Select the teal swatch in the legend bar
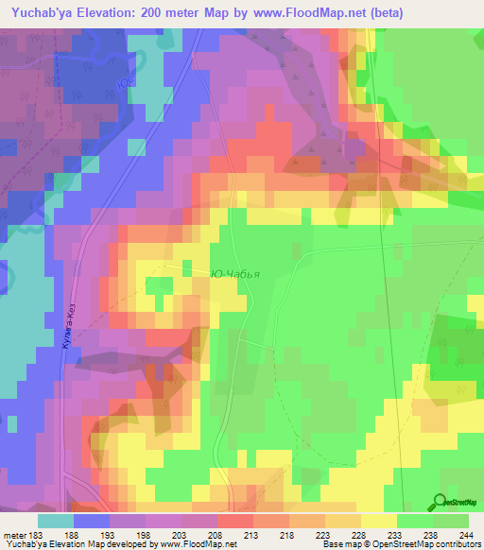coord(56,521)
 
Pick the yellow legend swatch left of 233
coord(378,521)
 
